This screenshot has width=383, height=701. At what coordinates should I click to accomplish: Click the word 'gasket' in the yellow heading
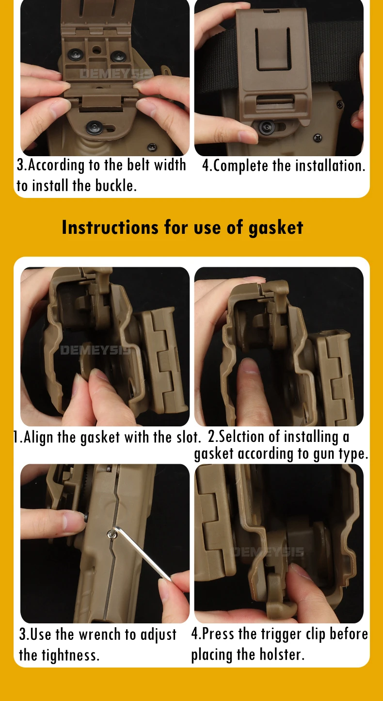(x=275, y=228)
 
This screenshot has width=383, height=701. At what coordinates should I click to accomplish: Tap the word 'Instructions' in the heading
(x=110, y=227)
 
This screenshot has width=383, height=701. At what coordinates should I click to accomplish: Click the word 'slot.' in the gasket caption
(x=189, y=437)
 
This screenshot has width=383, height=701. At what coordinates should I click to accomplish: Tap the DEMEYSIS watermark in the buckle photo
(x=116, y=74)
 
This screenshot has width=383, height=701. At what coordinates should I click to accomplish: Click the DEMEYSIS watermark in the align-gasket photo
(x=96, y=350)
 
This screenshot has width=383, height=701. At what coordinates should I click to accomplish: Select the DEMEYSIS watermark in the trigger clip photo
(x=269, y=552)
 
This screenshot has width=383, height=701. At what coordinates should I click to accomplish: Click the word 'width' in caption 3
(x=170, y=164)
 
